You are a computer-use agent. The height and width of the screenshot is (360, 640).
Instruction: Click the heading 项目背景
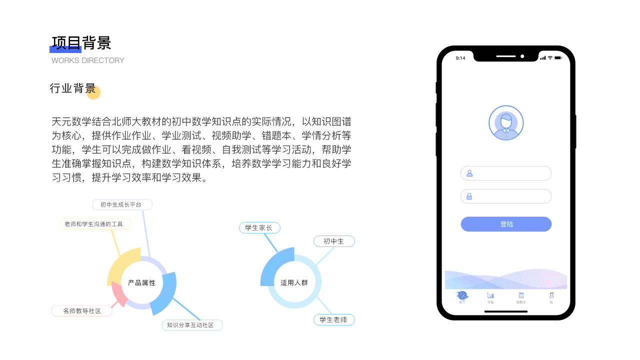[81, 43]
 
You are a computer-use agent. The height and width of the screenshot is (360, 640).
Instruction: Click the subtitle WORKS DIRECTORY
[88, 60]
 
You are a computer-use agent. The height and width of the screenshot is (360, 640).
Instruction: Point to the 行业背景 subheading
[72, 88]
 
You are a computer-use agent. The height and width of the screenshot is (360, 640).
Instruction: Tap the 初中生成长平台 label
[121, 204]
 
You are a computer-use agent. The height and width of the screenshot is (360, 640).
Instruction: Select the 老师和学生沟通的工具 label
[95, 224]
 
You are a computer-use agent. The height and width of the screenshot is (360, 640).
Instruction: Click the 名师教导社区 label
[82, 311]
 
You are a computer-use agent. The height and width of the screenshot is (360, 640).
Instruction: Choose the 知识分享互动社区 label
[191, 325]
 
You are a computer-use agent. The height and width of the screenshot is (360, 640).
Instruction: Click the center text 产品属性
[142, 283]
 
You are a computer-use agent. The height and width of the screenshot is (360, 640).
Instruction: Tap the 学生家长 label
[259, 228]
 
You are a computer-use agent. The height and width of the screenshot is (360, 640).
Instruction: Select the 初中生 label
[333, 241]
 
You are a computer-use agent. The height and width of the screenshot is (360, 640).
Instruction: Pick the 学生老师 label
[333, 319]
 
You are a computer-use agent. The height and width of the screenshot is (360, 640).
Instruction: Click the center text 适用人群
[294, 283]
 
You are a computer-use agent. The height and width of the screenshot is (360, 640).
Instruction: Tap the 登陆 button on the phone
[506, 224]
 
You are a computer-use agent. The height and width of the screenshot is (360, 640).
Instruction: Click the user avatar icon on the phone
[506, 123]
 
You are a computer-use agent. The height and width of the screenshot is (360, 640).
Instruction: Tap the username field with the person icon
[506, 173]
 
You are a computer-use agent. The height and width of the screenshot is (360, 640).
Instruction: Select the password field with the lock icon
[506, 196]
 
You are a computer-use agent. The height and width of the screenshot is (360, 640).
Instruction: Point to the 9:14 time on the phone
[460, 58]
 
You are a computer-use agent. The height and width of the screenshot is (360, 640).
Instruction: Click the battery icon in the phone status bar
[558, 58]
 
